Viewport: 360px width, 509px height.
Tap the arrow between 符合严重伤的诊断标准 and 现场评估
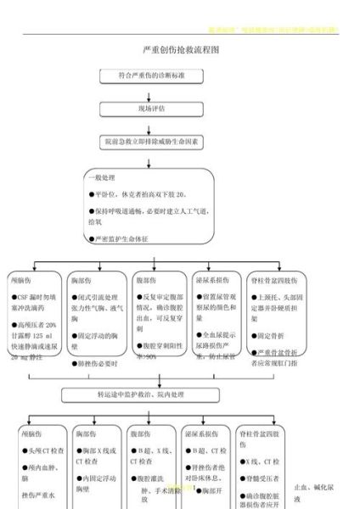click(x=149, y=92)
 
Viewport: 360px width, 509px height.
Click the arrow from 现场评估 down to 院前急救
click(x=149, y=124)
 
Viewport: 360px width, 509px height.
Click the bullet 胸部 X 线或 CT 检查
click(x=93, y=456)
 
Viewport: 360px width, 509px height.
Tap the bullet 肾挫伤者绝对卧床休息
click(x=208, y=473)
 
